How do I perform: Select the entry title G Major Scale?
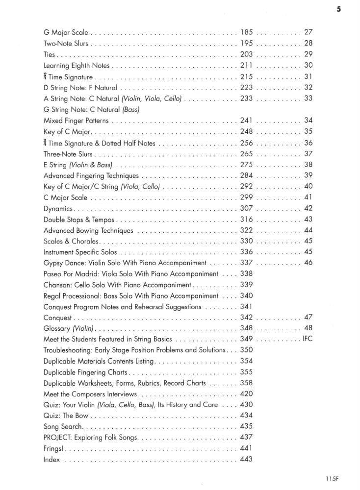click(x=66, y=33)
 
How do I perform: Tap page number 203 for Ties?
click(x=246, y=54)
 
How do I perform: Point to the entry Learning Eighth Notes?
click(x=77, y=65)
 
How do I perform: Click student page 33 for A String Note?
click(x=309, y=98)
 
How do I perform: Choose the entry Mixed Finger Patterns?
click(x=76, y=121)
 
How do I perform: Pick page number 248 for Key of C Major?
click(x=246, y=131)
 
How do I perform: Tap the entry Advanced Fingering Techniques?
click(x=91, y=175)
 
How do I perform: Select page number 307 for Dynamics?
click(x=246, y=208)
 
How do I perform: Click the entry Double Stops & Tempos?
click(x=78, y=220)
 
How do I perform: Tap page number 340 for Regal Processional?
click(x=247, y=296)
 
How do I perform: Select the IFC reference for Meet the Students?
click(x=308, y=339)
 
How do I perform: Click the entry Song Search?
click(x=63, y=427)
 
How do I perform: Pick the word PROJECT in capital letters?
click(x=57, y=438)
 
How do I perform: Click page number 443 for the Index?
click(x=247, y=460)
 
